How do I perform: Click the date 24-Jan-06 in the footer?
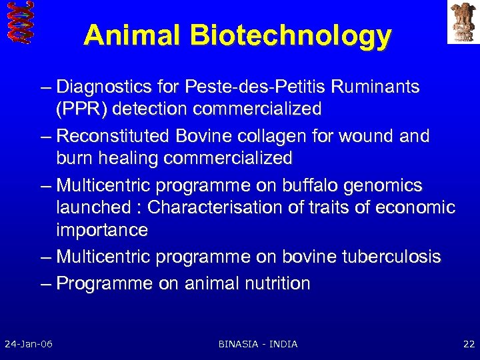pos(29,344)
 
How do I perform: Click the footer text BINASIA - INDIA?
pos(258,344)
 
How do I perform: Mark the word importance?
pos(102,230)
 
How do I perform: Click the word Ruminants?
pos(377,87)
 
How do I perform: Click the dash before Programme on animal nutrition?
pos(45,283)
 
